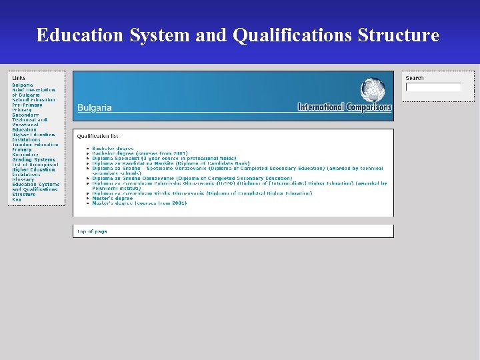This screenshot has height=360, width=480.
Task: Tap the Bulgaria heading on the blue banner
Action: pos(95,107)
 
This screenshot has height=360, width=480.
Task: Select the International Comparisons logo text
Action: pos(345,107)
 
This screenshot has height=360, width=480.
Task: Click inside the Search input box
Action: pos(433,87)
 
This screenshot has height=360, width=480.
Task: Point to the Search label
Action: pos(415,78)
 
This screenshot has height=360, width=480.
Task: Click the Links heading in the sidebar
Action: pos(19,78)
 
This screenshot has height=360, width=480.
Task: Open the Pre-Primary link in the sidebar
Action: pos(27,105)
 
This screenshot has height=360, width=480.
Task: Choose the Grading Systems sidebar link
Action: pos(33,159)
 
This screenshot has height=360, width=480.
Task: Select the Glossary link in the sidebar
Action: pos(23,179)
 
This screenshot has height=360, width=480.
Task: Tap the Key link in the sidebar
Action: pos(16,199)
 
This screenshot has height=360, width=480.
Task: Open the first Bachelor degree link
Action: pos(113,148)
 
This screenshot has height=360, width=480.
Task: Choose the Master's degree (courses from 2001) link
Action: pos(139,203)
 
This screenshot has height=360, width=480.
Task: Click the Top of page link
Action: pos(92,231)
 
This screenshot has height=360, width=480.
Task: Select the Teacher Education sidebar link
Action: pos(35,145)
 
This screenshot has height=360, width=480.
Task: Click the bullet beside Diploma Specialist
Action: pos(87,159)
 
